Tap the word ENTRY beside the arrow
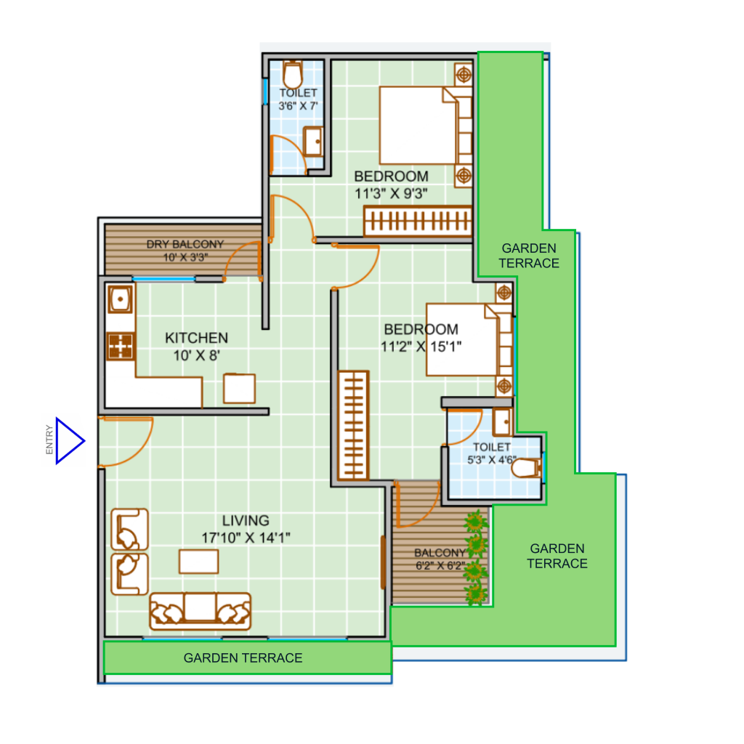tap(49, 440)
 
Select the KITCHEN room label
tap(196, 338)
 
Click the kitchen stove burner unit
tap(121, 346)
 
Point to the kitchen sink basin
tap(120, 299)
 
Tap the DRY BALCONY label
tap(185, 244)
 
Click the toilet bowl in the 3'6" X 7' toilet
tap(294, 74)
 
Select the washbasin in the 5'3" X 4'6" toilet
tap(502, 422)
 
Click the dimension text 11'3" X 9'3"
tap(391, 193)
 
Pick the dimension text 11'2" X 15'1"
tap(421, 347)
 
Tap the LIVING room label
tap(246, 520)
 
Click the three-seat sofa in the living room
tap(201, 611)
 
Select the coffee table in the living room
tap(199, 562)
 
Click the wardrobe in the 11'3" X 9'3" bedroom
tap(418, 221)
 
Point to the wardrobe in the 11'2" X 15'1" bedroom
tap(354, 425)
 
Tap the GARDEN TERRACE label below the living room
tap(243, 658)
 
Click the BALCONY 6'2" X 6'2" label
tap(440, 559)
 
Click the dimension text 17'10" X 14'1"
tap(246, 538)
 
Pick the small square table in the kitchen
tap(240, 389)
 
